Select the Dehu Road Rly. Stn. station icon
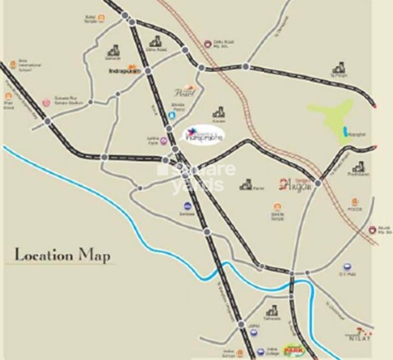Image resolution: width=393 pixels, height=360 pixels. click(207, 43)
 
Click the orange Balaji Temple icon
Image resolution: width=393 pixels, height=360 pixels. click(102, 17)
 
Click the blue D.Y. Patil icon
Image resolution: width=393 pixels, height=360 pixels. click(347, 267)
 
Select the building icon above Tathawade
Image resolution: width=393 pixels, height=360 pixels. click(271, 311)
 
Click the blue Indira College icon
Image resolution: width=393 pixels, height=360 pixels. click(260, 351)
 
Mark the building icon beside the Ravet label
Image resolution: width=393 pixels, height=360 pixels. click(246, 185)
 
